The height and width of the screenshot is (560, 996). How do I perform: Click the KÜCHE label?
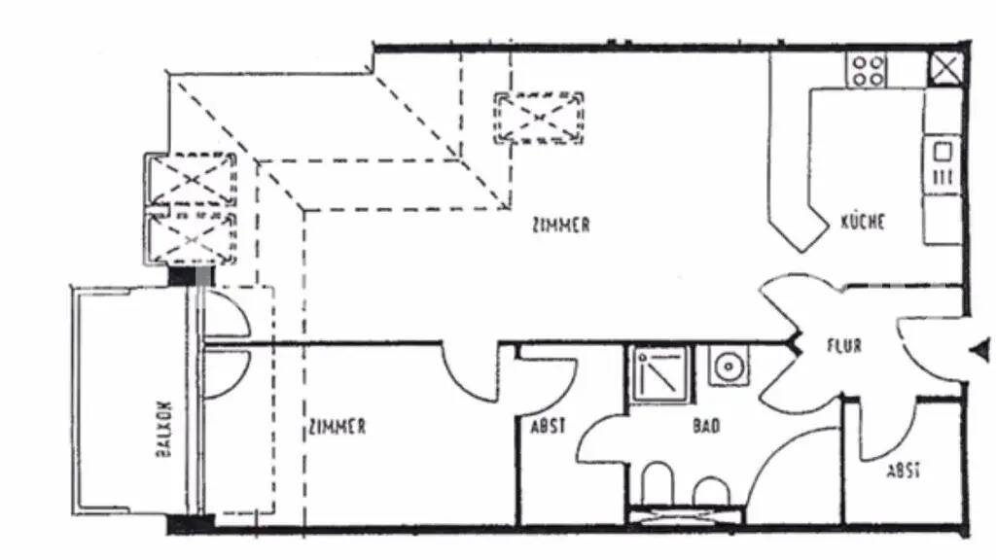point(863,222)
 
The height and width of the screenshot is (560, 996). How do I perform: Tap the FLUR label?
point(844,346)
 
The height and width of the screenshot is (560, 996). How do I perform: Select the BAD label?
point(706,426)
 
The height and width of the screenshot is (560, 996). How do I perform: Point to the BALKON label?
point(163,429)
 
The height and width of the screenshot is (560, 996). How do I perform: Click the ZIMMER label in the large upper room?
point(561,226)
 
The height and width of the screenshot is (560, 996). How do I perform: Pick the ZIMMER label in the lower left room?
point(338,426)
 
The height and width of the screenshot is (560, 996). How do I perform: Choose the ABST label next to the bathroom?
point(549,426)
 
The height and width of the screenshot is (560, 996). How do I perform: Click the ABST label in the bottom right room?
point(904,472)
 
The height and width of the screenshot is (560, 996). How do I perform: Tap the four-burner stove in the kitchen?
point(867,70)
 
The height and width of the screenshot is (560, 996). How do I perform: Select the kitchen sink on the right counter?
point(942,163)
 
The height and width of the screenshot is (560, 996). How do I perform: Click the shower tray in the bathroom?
point(660,374)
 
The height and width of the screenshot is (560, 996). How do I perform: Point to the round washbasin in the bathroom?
point(729,366)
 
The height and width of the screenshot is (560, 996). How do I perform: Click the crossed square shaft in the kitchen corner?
point(946,68)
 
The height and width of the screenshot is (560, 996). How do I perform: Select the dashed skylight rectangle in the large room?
point(539,118)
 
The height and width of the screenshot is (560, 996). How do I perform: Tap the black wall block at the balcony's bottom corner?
point(191,524)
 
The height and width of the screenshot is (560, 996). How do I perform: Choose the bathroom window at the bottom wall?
point(685,514)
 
